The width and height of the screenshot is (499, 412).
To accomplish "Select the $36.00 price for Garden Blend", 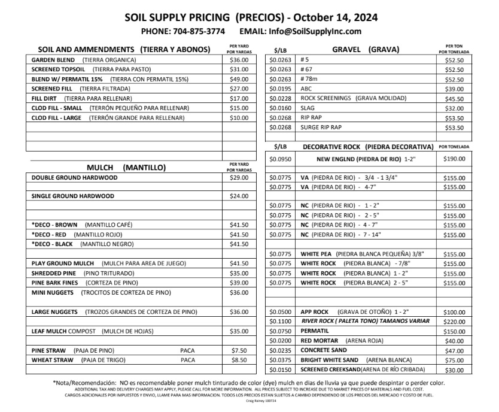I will point(239,60).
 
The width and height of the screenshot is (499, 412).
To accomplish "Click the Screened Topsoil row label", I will point(56,69).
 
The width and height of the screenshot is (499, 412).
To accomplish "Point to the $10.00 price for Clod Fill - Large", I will point(239,117).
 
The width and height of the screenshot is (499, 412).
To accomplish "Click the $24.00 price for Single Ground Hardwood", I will point(239,196).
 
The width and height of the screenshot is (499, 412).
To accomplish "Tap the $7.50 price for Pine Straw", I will point(239,350).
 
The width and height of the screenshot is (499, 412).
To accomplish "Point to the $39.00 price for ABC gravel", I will point(454,89).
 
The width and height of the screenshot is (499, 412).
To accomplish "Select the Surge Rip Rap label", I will point(321,127).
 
